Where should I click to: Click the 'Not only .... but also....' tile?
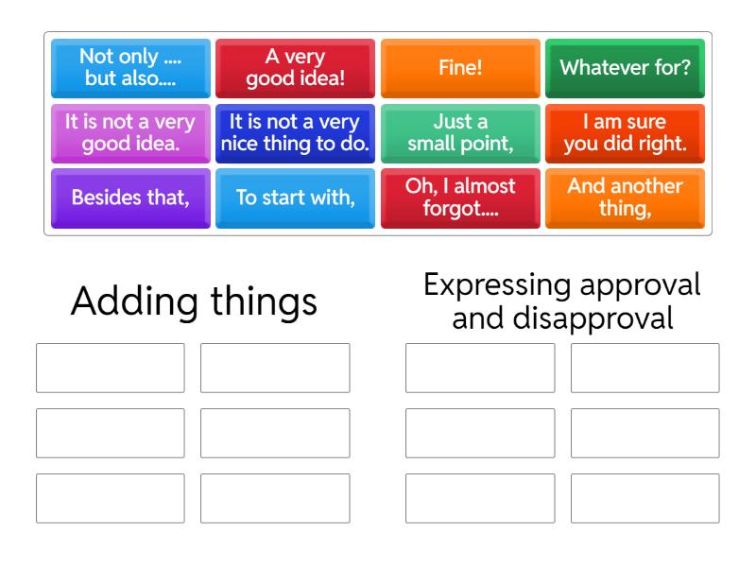pyautogui.click(x=130, y=68)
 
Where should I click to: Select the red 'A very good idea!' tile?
pyautogui.click(x=295, y=68)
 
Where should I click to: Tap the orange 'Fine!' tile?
pyautogui.click(x=460, y=68)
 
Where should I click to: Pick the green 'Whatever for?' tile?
pyautogui.click(x=625, y=68)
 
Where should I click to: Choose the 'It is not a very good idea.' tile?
pyautogui.click(x=130, y=133)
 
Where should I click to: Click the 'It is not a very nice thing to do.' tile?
pyautogui.click(x=295, y=133)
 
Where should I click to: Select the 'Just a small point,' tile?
pyautogui.click(x=460, y=133)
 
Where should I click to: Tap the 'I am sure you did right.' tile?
pyautogui.click(x=625, y=133)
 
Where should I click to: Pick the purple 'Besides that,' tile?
pyautogui.click(x=130, y=198)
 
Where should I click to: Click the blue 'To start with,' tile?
pyautogui.click(x=295, y=198)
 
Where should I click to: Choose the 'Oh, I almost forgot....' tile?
pyautogui.click(x=460, y=198)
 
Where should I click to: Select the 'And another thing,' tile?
pyautogui.click(x=625, y=198)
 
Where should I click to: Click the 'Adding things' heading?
pyautogui.click(x=194, y=301)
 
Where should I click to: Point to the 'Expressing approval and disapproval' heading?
pyautogui.click(x=562, y=301)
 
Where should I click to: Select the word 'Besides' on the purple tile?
pyautogui.click(x=100, y=198)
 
